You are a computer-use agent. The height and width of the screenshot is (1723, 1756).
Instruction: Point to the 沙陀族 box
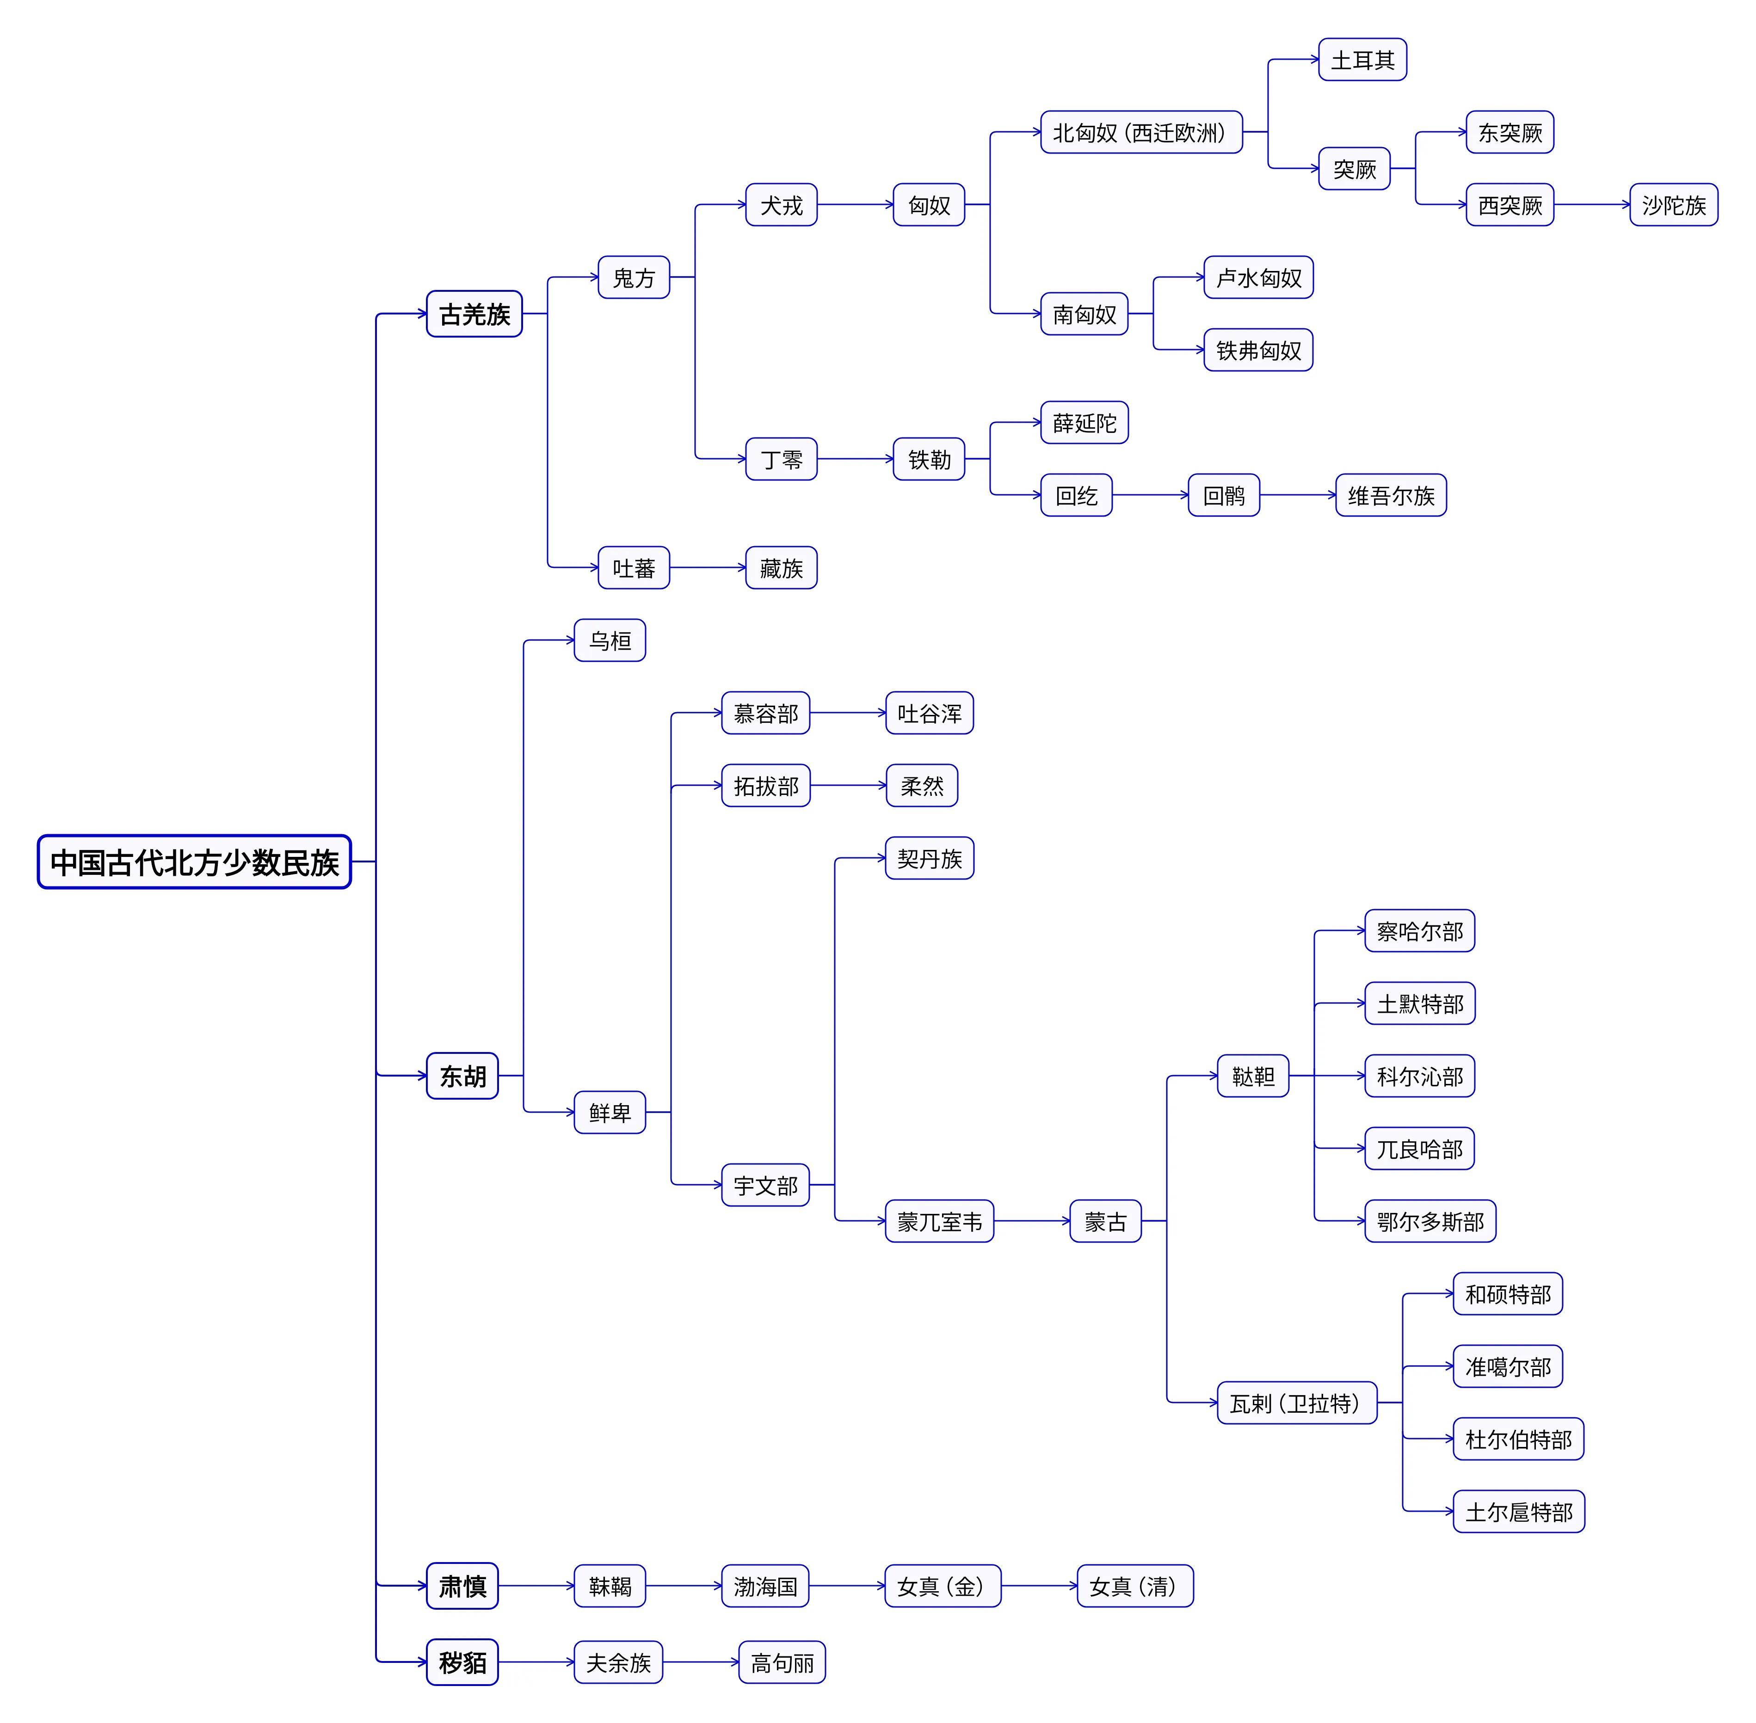1673,204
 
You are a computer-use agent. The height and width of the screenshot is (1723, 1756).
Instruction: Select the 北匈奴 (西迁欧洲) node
1140,132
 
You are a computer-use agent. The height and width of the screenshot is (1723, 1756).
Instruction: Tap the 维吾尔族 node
1390,495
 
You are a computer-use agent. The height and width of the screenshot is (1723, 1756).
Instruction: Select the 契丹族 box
929,858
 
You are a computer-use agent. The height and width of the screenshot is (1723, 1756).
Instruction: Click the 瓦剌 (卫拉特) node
1296,1403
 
